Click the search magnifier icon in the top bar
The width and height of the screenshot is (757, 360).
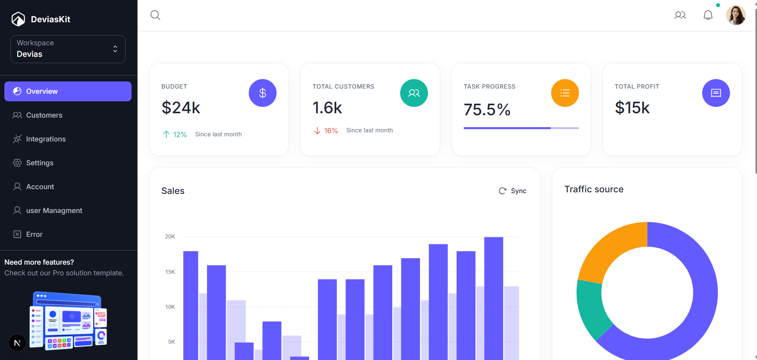pos(155,15)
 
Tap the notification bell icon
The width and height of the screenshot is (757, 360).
pos(708,15)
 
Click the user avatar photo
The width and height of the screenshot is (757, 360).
pos(736,15)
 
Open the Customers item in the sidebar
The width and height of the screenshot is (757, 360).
pos(44,115)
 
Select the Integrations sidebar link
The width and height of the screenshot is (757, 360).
pos(46,139)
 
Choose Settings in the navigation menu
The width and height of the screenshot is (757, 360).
pos(39,163)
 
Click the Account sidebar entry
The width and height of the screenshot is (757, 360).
pos(40,187)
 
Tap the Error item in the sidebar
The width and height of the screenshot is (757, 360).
pos(34,234)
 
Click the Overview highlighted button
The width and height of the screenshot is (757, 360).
pos(68,91)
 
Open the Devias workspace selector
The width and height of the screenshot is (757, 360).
pos(68,49)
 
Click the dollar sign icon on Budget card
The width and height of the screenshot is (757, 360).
pos(263,93)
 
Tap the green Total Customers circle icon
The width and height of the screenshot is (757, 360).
pos(414,93)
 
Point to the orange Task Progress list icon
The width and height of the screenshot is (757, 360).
pos(565,93)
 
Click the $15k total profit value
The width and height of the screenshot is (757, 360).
pos(632,108)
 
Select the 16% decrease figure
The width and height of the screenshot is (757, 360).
pos(331,131)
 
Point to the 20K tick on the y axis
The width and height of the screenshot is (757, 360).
pos(170,236)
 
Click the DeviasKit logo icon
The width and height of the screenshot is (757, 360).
pos(18,19)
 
